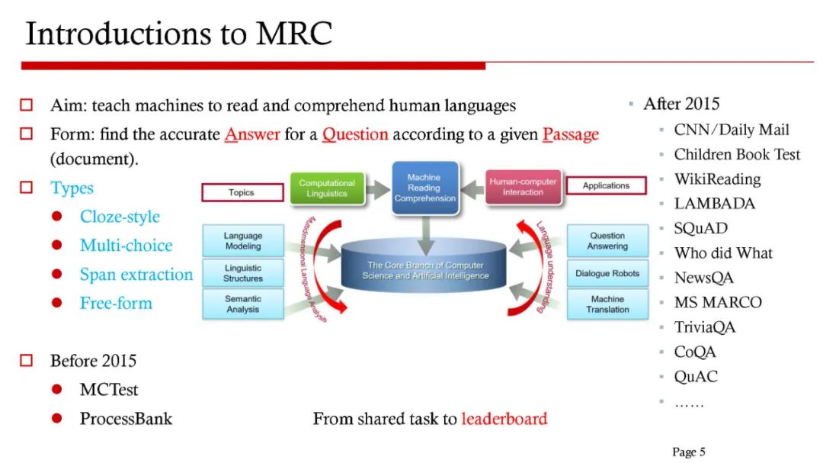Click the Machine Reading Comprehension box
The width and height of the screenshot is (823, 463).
click(424, 187)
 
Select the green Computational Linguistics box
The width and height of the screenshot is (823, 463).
click(327, 188)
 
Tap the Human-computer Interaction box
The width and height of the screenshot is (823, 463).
click(523, 187)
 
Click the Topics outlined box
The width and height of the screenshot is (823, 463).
click(241, 192)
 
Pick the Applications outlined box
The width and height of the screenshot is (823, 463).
click(606, 185)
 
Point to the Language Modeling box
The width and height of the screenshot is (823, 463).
click(243, 241)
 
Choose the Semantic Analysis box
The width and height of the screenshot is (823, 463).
click(243, 304)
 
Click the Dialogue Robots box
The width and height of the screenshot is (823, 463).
click(607, 273)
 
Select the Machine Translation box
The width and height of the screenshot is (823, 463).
click(607, 304)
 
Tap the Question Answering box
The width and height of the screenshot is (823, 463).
click(607, 241)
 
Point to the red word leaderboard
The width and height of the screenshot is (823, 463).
click(504, 419)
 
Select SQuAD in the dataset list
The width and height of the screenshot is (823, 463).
click(700, 229)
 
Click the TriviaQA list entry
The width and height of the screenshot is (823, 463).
click(705, 328)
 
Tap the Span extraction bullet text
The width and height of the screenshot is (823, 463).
click(136, 275)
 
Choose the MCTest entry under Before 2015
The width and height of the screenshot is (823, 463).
click(109, 390)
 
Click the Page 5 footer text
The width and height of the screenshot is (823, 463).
click(688, 452)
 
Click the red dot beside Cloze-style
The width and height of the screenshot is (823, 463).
click(56, 217)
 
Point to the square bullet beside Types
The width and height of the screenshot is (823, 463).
click(27, 188)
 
